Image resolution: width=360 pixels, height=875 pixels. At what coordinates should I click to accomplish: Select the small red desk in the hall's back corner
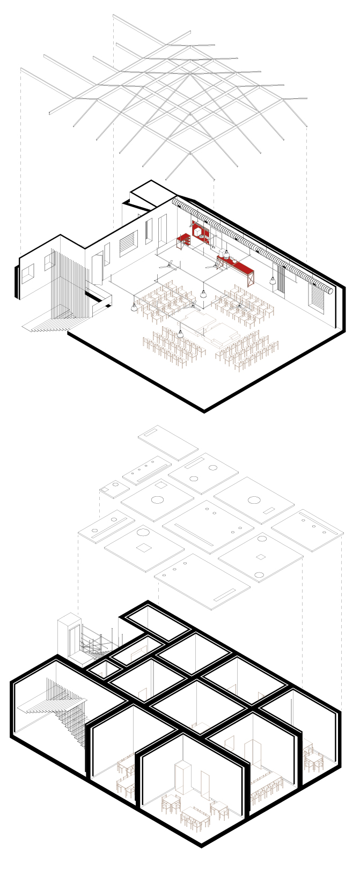point(184,240)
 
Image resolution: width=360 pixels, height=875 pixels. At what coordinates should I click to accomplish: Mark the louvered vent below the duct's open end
point(318,298)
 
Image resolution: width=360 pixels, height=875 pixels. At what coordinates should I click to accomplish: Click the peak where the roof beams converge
point(189,75)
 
